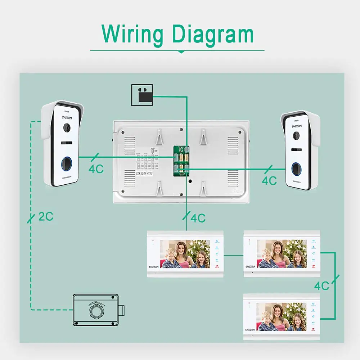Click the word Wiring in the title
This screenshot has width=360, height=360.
click(x=132, y=34)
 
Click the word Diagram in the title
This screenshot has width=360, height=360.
click(x=212, y=34)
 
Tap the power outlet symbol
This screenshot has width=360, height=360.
click(x=142, y=95)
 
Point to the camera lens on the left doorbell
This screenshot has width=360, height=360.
click(x=67, y=127)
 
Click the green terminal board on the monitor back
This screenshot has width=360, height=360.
click(x=181, y=161)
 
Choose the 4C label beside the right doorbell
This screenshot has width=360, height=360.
click(x=269, y=180)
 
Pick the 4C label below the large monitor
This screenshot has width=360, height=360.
click(x=198, y=218)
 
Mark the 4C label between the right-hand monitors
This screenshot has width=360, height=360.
click(x=322, y=286)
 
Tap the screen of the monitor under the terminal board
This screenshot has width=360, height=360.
click(x=185, y=254)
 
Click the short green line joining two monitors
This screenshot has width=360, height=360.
click(x=234, y=255)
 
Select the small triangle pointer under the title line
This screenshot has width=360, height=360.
click(x=181, y=52)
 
